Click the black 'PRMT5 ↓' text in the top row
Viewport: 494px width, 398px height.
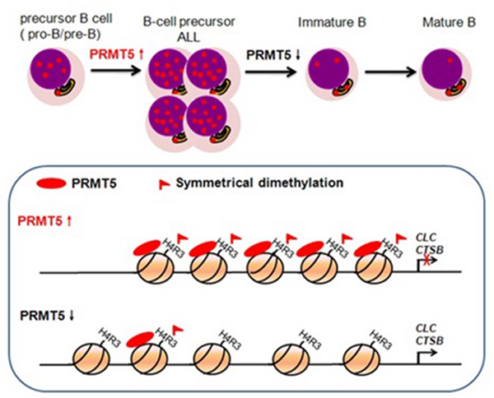click(269, 54)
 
